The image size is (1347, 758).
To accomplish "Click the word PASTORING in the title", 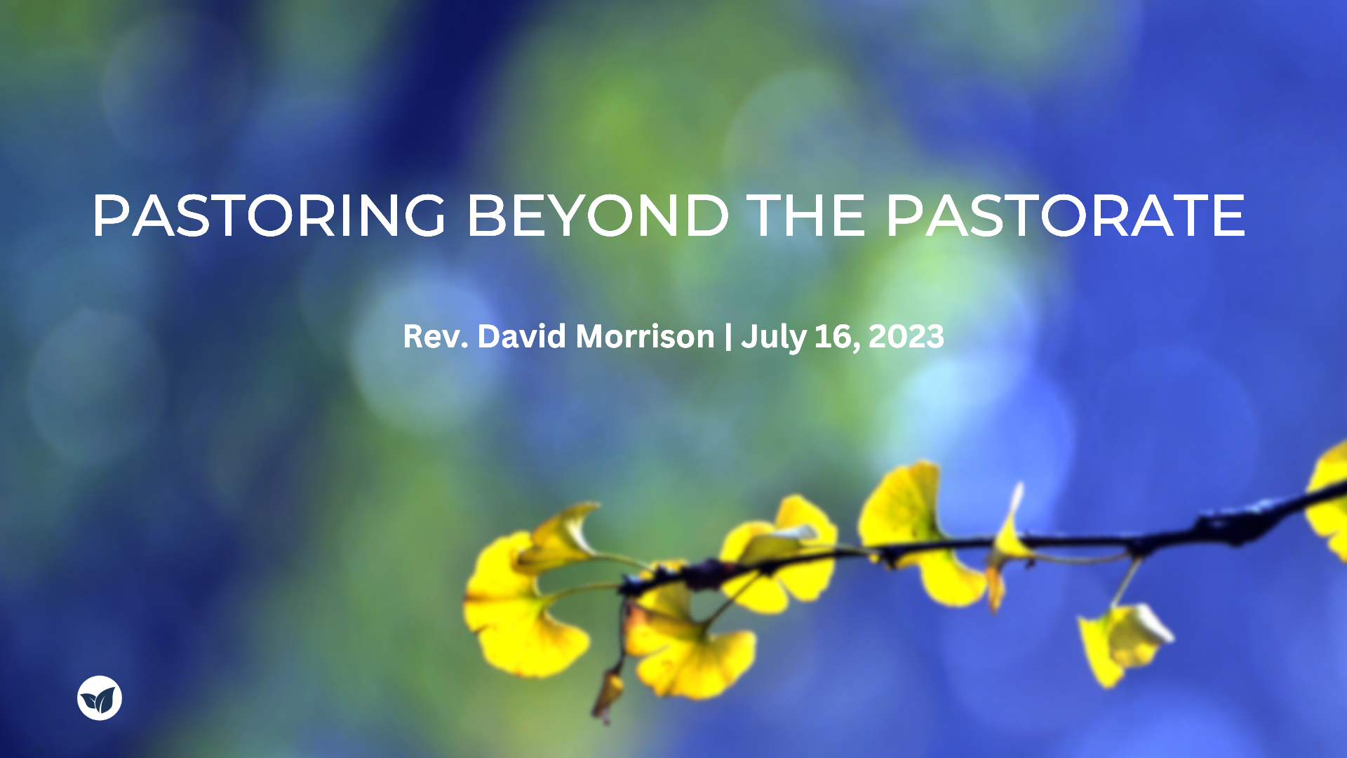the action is pyautogui.click(x=269, y=215).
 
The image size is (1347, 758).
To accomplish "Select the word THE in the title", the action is pyautogui.click(x=806, y=215).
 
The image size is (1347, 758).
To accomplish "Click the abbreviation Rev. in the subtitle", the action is pyautogui.click(x=435, y=337).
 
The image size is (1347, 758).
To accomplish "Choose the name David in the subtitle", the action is pyautogui.click(x=522, y=336).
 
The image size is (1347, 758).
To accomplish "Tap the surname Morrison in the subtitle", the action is pyautogui.click(x=645, y=336).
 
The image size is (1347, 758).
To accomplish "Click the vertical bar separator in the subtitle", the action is pyautogui.click(x=728, y=337).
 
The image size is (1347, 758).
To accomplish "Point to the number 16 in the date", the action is pyautogui.click(x=832, y=337).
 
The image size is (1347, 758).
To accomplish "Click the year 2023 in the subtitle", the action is pyautogui.click(x=906, y=337).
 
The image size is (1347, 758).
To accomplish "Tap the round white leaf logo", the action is pyautogui.click(x=100, y=698).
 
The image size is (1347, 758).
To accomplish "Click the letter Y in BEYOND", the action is pyautogui.click(x=564, y=215).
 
